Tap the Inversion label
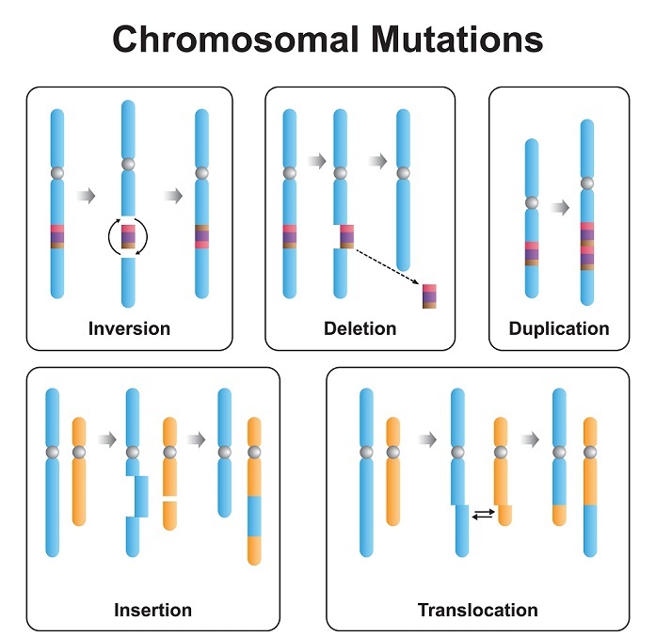tap(129, 328)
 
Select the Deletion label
tap(360, 328)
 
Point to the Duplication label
tap(558, 328)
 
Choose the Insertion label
tap(152, 610)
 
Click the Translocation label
tap(477, 610)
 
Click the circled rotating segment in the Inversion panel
tap(129, 236)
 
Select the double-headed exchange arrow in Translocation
tap(482, 514)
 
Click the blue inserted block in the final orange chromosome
tap(253, 515)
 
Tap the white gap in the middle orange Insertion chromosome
tap(169, 496)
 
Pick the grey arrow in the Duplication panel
tap(560, 207)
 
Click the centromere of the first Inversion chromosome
tap(57, 173)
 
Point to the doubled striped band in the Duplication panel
tap(587, 245)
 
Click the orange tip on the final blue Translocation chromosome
tap(560, 515)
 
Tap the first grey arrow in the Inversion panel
tap(87, 196)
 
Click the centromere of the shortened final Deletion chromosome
tap(403, 173)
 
